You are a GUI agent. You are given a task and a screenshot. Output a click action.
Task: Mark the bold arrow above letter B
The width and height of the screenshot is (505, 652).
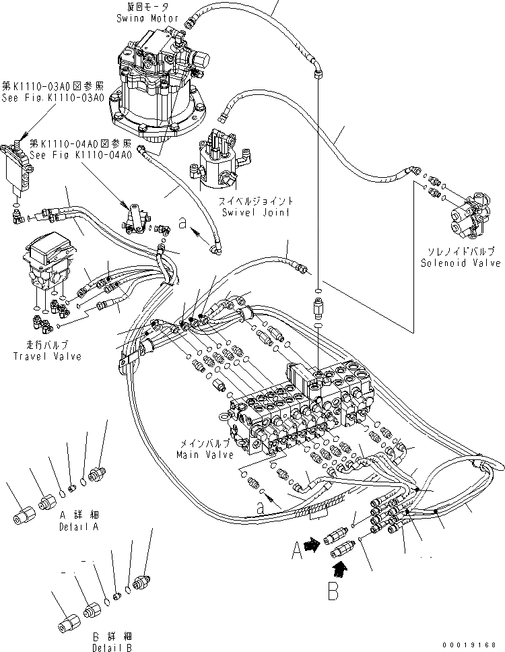click(342, 570)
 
